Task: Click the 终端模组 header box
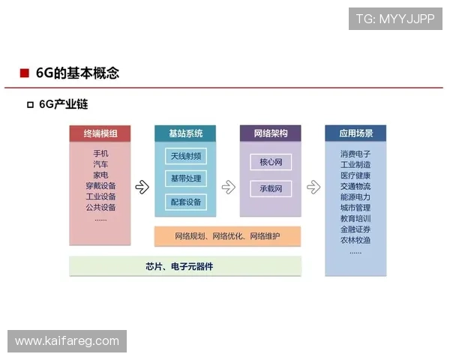click(x=100, y=133)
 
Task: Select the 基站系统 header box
click(x=185, y=133)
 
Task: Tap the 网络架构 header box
click(x=270, y=133)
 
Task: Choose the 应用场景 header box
click(x=355, y=133)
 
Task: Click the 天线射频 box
click(x=185, y=156)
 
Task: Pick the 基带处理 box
click(x=185, y=178)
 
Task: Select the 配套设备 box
click(x=185, y=202)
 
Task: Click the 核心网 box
click(x=270, y=162)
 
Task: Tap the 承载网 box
click(x=270, y=188)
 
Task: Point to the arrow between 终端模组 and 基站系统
click(x=142, y=187)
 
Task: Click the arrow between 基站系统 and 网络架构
click(x=227, y=187)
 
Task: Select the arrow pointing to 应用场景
click(x=312, y=187)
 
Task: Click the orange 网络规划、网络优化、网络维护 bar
click(x=227, y=236)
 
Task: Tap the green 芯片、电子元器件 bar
click(x=185, y=266)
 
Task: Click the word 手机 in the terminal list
click(x=100, y=154)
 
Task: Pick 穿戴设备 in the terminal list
click(x=100, y=186)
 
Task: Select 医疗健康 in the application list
click(x=355, y=175)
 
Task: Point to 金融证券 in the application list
click(x=355, y=229)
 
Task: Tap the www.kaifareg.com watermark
click(x=67, y=341)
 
